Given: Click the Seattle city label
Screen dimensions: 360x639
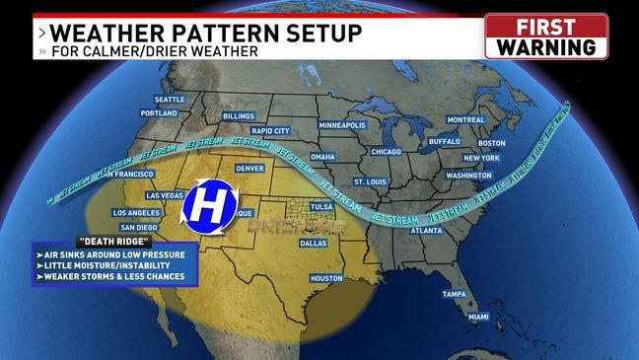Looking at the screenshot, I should (169, 99).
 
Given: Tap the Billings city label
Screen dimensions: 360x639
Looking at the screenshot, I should (239, 115).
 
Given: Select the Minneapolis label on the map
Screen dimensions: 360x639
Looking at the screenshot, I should (342, 126).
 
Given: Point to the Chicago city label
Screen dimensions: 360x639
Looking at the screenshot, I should (387, 152).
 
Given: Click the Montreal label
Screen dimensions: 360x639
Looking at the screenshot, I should (466, 119).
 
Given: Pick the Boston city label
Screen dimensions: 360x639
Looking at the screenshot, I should (491, 142).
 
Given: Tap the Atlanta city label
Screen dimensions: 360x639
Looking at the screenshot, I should (426, 230).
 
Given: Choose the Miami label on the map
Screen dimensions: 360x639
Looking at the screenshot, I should (478, 317).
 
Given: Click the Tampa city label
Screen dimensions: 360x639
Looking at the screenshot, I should (454, 294).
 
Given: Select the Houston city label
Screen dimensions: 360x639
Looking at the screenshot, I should (325, 278).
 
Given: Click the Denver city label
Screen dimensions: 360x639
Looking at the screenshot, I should (250, 168).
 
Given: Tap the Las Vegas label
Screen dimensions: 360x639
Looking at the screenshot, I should (164, 195).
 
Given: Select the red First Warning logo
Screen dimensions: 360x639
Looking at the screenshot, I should (545, 36).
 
